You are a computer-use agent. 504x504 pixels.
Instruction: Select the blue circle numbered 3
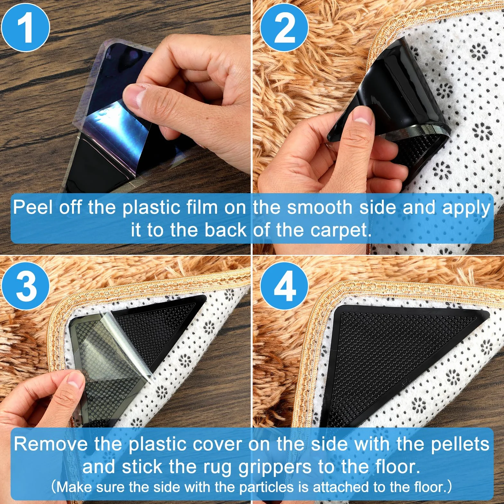coord(25,285)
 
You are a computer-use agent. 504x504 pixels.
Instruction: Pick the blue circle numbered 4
coord(284,285)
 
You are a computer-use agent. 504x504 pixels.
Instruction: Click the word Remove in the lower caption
coord(50,444)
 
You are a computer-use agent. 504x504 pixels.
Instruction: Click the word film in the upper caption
coord(201,208)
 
